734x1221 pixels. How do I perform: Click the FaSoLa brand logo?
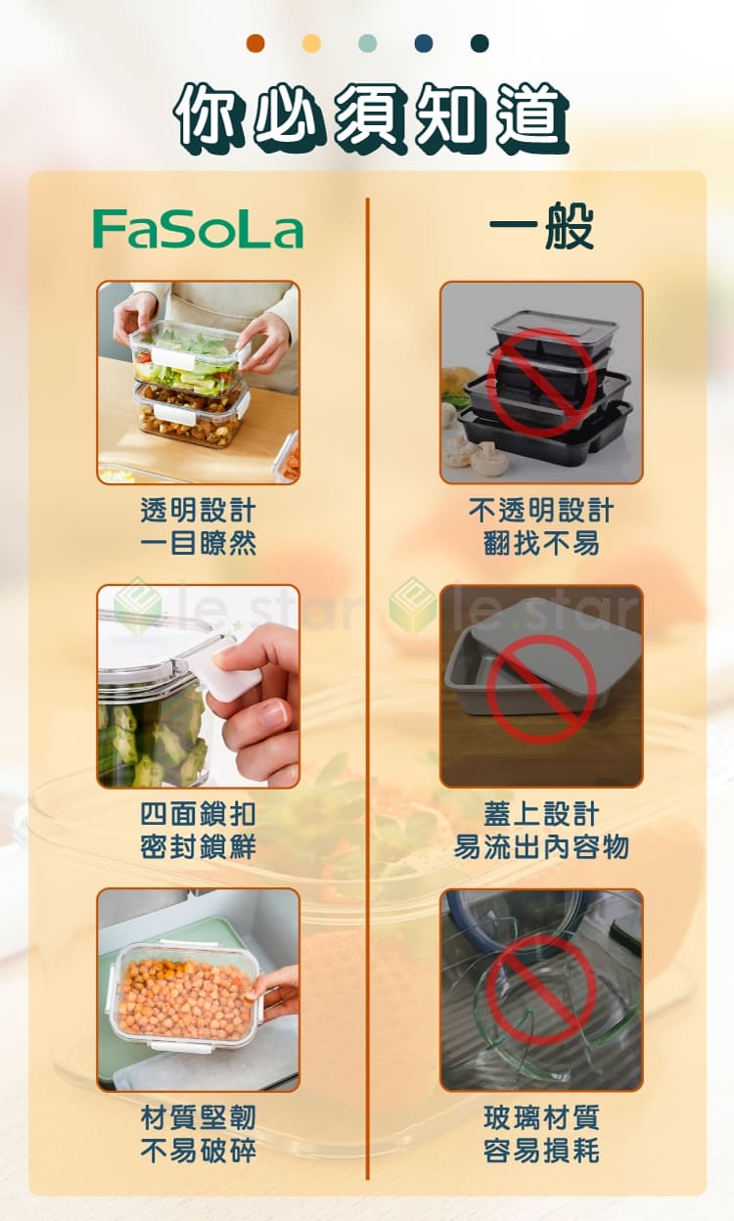tap(198, 230)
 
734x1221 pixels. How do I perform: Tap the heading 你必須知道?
tap(371, 118)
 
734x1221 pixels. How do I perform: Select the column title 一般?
tap(541, 225)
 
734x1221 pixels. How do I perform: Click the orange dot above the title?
tap(255, 43)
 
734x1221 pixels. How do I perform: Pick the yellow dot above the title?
tap(311, 43)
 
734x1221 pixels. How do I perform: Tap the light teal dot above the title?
tap(368, 43)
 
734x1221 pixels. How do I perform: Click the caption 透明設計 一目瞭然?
tap(198, 526)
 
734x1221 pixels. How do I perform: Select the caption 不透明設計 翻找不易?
tap(541, 526)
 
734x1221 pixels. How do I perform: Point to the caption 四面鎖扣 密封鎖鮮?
tap(198, 831)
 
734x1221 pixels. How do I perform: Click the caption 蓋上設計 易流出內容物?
tap(541, 831)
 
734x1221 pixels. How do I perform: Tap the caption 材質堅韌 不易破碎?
tap(198, 1134)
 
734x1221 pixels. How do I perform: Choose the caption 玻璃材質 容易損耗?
tap(541, 1134)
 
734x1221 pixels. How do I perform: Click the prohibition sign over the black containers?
tap(540, 382)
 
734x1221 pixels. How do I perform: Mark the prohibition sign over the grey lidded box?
tap(541, 689)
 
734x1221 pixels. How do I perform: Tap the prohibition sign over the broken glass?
tap(541, 989)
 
